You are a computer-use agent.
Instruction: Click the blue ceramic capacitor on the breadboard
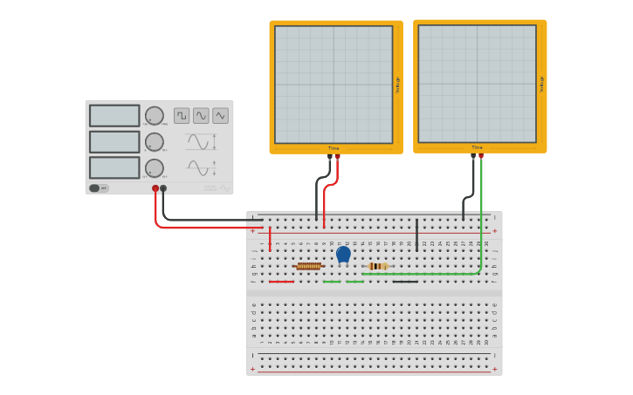(x=343, y=254)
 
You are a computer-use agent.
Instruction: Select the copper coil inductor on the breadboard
(x=308, y=266)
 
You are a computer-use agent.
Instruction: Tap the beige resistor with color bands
(x=378, y=266)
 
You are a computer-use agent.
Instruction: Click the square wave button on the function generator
(x=182, y=115)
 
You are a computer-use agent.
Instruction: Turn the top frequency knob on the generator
(x=155, y=116)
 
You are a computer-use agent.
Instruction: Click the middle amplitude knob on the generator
(x=155, y=142)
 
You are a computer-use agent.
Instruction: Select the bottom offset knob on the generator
(x=155, y=167)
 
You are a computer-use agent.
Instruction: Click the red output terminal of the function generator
(x=155, y=188)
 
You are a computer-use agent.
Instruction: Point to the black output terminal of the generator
(x=163, y=188)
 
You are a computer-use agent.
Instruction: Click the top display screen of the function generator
(x=114, y=116)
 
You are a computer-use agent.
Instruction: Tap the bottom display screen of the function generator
(x=114, y=167)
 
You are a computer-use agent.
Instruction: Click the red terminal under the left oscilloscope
(x=337, y=157)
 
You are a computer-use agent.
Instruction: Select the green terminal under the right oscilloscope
(x=481, y=156)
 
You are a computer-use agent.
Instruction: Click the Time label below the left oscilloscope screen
(x=334, y=148)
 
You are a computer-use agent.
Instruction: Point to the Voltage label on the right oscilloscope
(x=541, y=84)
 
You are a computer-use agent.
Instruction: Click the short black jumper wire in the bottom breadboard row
(x=404, y=281)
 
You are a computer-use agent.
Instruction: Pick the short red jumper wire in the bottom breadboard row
(x=281, y=281)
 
